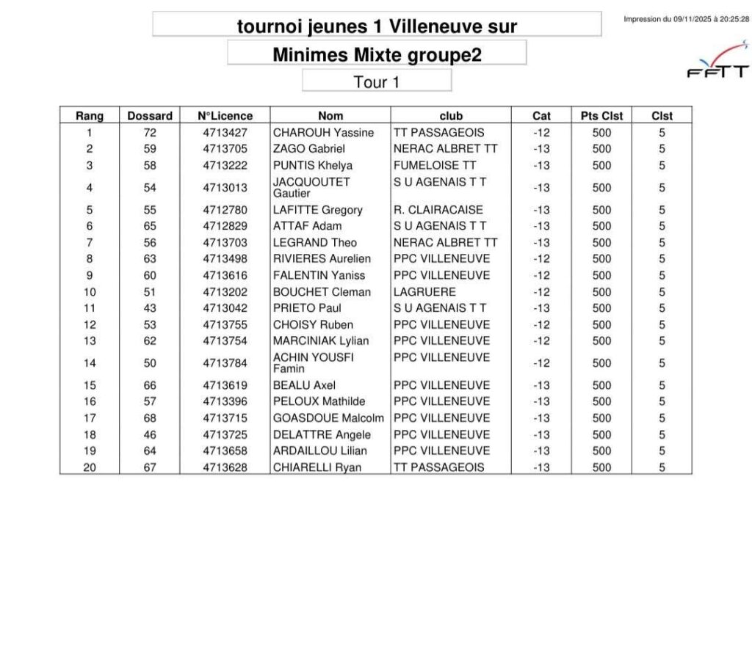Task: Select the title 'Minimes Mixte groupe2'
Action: [377, 54]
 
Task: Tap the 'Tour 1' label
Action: [376, 81]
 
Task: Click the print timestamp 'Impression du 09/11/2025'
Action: [686, 20]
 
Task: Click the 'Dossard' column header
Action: [150, 116]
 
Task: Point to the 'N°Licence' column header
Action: [225, 116]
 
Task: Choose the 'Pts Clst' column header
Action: [601, 116]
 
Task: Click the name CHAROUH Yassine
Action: [323, 133]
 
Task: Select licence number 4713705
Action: [225, 149]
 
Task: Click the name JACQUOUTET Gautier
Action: [311, 187]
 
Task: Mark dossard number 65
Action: [150, 226]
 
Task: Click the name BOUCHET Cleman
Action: [322, 291]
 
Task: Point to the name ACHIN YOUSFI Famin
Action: [314, 362]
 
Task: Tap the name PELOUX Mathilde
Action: [319, 401]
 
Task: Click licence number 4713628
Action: [225, 467]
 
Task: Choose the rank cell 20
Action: [90, 467]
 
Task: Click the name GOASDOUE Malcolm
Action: [328, 418]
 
